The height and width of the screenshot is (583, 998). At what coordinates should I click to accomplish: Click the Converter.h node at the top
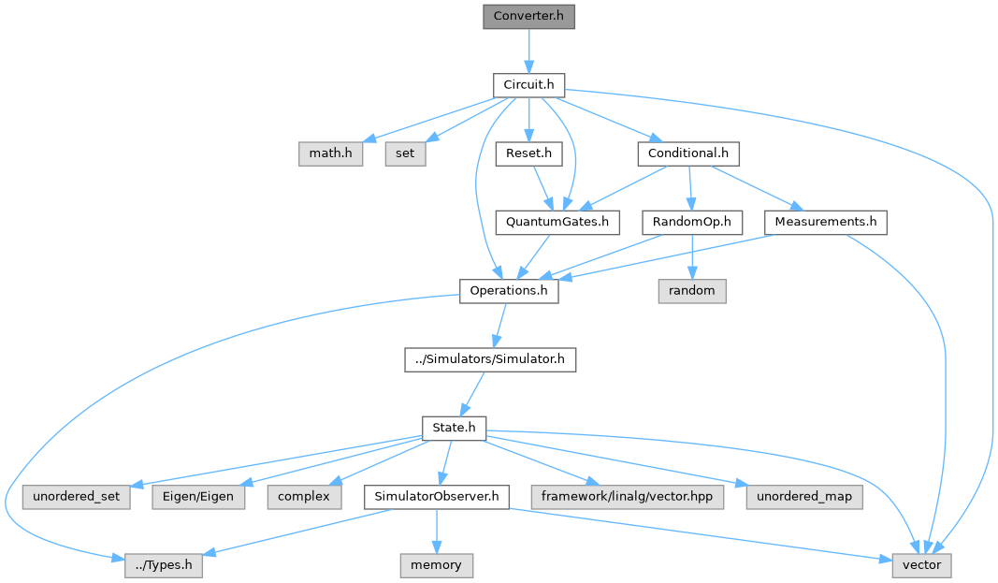pyautogui.click(x=528, y=17)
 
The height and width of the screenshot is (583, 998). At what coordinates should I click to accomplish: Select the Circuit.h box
pyautogui.click(x=528, y=85)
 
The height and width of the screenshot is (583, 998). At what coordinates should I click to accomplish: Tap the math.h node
pyautogui.click(x=330, y=153)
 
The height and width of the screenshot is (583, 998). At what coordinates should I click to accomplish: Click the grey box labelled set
pyautogui.click(x=405, y=153)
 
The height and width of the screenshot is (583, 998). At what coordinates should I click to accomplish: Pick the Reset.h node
pyautogui.click(x=528, y=153)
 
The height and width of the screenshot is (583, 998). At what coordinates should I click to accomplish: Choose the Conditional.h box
pyautogui.click(x=688, y=153)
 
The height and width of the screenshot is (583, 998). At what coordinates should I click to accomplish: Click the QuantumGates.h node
pyautogui.click(x=557, y=223)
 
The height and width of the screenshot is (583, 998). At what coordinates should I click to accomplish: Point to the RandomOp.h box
pyautogui.click(x=692, y=223)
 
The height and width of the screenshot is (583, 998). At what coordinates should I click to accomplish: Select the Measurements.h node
pyautogui.click(x=826, y=223)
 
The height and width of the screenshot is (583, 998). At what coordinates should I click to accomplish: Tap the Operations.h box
pyautogui.click(x=509, y=291)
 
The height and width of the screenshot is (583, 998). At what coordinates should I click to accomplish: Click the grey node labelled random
pyautogui.click(x=692, y=291)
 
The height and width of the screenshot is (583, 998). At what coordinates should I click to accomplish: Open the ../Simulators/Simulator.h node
pyautogui.click(x=490, y=359)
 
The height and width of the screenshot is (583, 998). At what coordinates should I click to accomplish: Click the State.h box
pyautogui.click(x=455, y=429)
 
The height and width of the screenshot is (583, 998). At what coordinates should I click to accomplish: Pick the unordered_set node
pyautogui.click(x=77, y=497)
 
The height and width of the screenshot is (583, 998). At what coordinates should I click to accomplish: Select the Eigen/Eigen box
pyautogui.click(x=200, y=497)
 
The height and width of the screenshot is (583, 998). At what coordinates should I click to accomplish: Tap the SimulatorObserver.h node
pyautogui.click(x=436, y=497)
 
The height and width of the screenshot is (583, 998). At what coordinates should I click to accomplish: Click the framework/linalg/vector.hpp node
pyautogui.click(x=628, y=497)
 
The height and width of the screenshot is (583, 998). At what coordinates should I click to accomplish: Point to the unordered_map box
pyautogui.click(x=804, y=497)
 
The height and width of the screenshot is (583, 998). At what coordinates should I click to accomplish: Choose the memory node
pyautogui.click(x=436, y=565)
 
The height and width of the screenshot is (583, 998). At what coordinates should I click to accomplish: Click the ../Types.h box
pyautogui.click(x=164, y=565)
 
